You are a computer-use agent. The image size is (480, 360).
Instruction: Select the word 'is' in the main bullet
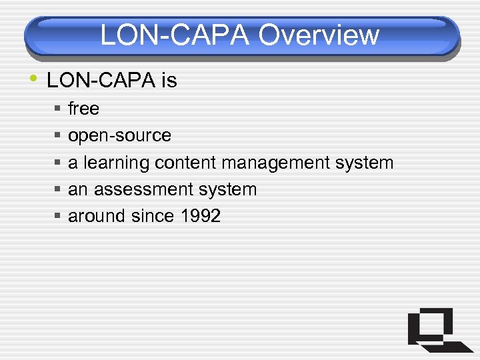click(169, 81)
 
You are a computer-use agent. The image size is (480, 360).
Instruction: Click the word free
click(83, 109)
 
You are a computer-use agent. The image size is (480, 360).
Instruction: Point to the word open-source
click(120, 136)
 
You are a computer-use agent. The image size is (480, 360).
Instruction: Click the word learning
click(117, 163)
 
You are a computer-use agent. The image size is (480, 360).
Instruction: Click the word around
click(93, 216)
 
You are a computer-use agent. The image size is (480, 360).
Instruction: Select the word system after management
click(366, 163)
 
